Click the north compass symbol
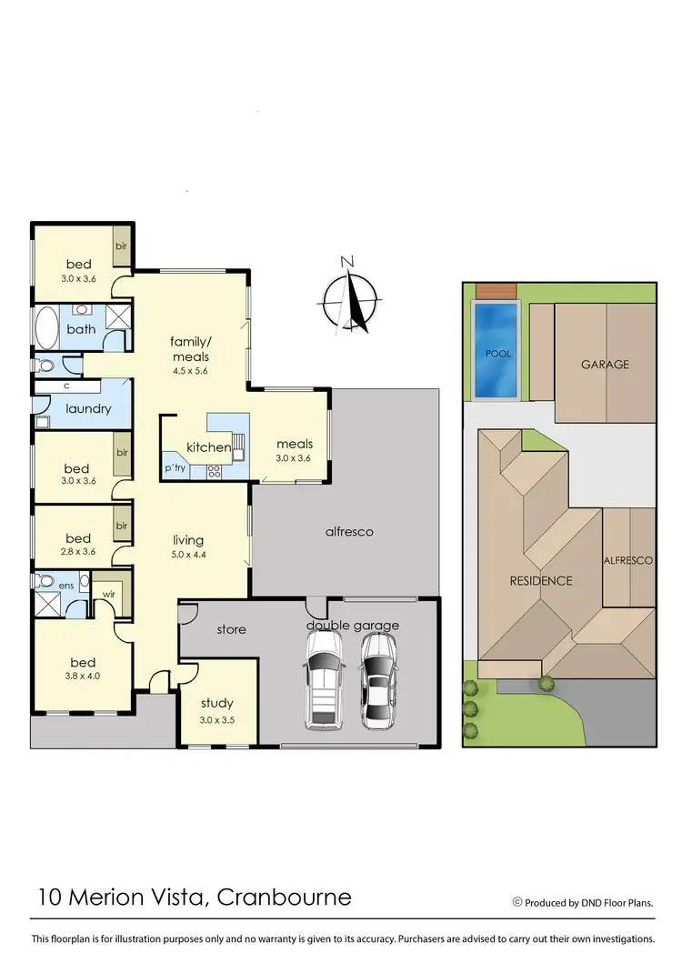350,299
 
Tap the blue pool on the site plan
493,351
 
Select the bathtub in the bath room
45,327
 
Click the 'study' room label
217,702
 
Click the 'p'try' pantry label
174,468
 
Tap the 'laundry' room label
88,408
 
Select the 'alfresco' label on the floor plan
350,531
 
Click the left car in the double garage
323,680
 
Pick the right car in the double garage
378,680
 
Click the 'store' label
231,629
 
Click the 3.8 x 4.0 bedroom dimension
78,677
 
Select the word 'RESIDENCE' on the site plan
540,580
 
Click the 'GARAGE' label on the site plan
605,365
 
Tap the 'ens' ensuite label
66,586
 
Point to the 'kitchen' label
208,447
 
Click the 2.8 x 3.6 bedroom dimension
78,552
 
